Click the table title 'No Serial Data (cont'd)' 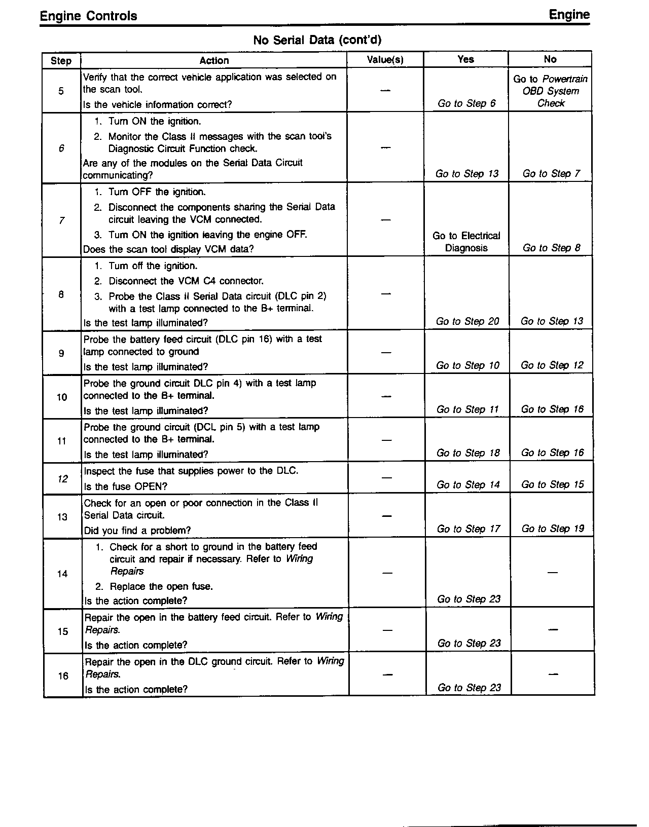tap(317, 40)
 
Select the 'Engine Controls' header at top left tap(88, 16)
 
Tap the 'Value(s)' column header tap(385, 60)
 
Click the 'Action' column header tap(214, 60)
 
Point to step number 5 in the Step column tap(61, 91)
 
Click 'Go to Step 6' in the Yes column tap(466, 103)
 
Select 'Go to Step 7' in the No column tap(551, 174)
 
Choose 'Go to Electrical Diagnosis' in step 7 tap(466, 242)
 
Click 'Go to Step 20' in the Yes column tap(467, 321)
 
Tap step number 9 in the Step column tap(61, 353)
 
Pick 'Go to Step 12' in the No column tap(552, 365)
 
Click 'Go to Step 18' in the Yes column tap(468, 453)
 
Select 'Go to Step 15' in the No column tap(553, 484)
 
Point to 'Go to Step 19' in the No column tap(553, 529)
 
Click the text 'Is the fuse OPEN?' tap(126, 486)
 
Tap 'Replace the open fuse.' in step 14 tap(161, 586)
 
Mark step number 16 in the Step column tap(63, 676)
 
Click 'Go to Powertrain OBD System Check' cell tap(551, 91)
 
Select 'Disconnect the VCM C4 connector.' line tap(186, 281)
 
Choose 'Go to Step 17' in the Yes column tap(468, 529)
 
